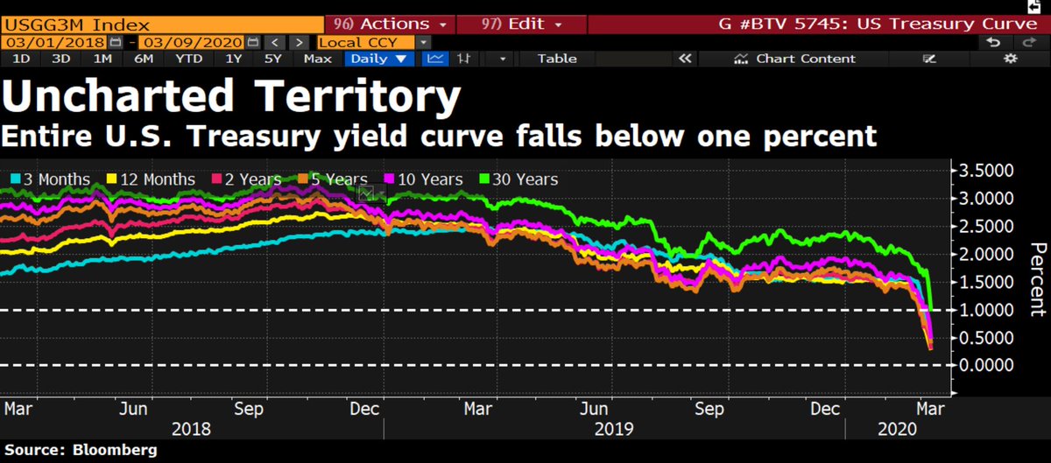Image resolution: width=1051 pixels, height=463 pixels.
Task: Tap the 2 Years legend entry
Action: tap(247, 179)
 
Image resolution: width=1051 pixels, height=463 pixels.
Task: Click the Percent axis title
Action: tap(1037, 278)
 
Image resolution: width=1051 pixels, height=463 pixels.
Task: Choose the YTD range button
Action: tap(188, 59)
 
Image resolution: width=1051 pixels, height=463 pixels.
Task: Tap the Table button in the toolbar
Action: tap(557, 59)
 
